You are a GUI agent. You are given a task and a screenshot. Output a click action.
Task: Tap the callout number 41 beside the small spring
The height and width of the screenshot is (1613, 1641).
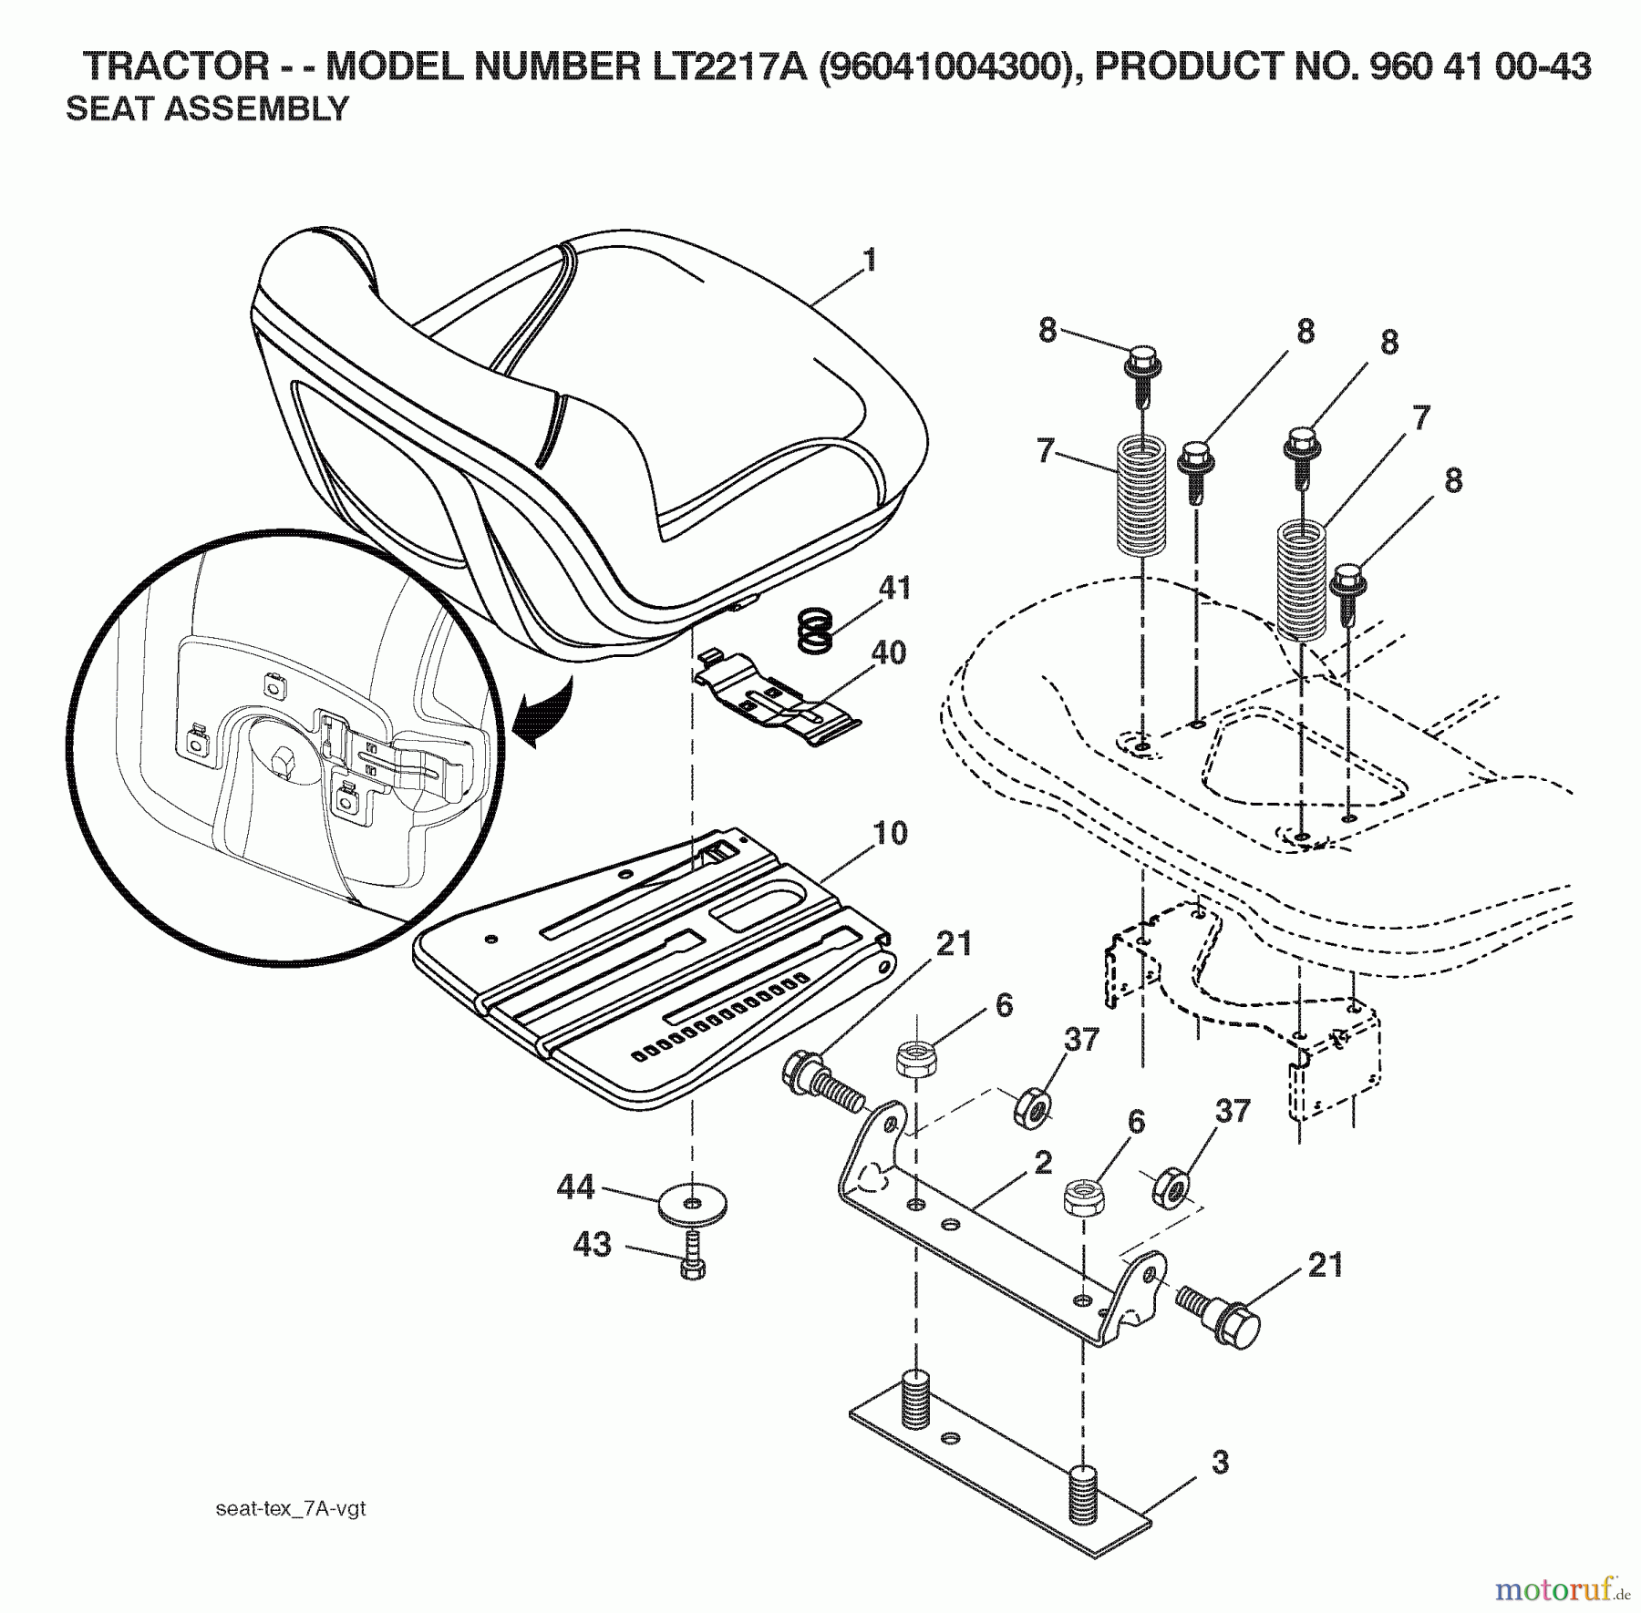tap(894, 588)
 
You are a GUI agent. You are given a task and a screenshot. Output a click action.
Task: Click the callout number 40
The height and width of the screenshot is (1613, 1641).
tap(888, 652)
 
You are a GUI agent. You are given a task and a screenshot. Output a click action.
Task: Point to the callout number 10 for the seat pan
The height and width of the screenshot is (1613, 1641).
tap(891, 833)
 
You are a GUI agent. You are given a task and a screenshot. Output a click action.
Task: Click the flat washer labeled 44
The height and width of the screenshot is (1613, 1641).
tap(692, 1205)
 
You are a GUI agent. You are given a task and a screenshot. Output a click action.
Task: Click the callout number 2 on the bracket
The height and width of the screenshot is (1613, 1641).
tap(1043, 1162)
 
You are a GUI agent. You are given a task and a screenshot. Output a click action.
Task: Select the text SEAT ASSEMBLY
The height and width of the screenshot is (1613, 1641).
tap(207, 109)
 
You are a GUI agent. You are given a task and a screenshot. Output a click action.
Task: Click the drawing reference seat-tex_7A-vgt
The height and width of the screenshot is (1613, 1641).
tap(291, 1508)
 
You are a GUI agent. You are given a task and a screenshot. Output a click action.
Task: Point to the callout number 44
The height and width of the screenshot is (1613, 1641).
tap(575, 1187)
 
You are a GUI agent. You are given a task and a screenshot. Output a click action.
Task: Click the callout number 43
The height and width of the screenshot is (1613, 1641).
tap(592, 1244)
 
